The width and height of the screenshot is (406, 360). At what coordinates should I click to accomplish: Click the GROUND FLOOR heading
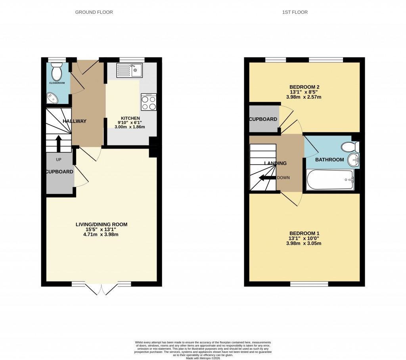[94, 12]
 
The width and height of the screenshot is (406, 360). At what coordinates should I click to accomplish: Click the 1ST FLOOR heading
[295, 12]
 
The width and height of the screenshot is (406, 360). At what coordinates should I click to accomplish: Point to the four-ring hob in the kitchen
[149, 102]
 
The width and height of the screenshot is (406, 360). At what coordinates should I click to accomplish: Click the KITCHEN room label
[130, 118]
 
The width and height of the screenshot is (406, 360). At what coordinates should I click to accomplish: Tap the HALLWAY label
[74, 121]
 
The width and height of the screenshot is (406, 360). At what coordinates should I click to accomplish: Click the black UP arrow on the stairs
[59, 144]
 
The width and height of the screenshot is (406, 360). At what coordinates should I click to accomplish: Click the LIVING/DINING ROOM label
[101, 224]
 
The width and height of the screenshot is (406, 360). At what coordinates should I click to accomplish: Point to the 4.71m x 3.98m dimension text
[101, 235]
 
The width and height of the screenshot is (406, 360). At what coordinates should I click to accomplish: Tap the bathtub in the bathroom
[330, 180]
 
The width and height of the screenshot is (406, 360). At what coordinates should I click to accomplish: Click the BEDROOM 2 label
[304, 87]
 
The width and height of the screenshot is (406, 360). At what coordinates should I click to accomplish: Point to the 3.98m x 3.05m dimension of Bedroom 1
[304, 243]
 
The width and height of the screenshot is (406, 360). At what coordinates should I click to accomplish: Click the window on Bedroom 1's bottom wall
[309, 283]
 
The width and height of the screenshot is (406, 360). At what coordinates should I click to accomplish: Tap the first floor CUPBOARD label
[263, 119]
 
